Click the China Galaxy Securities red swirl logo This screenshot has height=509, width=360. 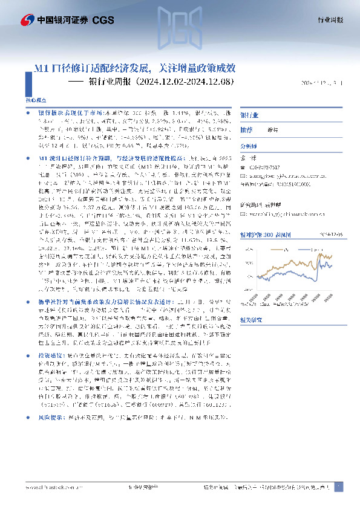point(27,20)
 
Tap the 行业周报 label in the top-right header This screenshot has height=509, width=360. point(331,20)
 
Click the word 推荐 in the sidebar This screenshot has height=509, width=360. point(246,129)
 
